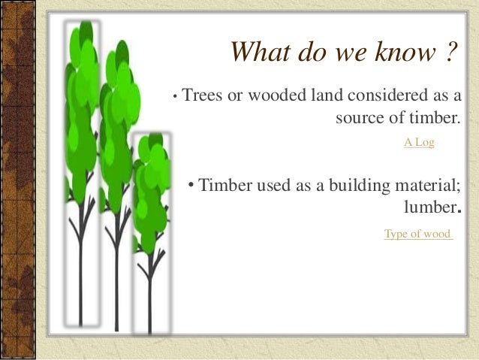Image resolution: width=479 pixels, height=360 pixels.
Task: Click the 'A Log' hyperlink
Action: click(x=419, y=141)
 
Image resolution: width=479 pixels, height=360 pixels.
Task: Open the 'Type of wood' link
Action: click(x=417, y=234)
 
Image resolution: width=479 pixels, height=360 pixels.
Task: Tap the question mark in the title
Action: click(x=449, y=53)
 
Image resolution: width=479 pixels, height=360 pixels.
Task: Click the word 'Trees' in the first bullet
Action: click(x=200, y=96)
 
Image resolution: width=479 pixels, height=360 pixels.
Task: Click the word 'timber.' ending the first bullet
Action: click(x=432, y=118)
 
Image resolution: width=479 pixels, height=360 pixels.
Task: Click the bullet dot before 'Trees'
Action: click(x=174, y=97)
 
